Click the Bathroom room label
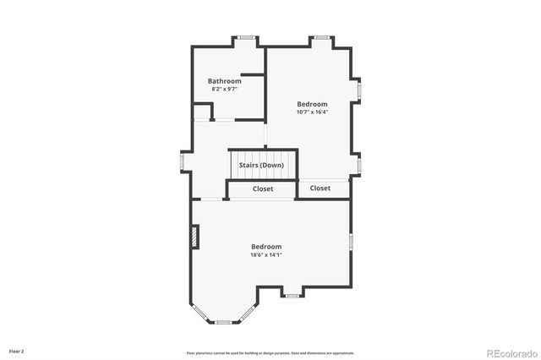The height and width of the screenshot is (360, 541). click(x=225, y=81)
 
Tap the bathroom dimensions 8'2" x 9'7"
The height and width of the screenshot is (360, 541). click(x=225, y=89)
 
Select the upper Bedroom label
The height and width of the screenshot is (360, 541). click(x=312, y=104)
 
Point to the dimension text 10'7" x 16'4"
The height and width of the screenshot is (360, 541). click(x=312, y=112)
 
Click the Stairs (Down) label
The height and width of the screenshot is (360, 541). click(x=261, y=165)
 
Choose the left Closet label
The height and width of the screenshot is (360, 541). click(x=263, y=189)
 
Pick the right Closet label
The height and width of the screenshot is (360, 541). click(x=320, y=188)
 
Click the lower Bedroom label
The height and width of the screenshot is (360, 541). click(x=266, y=247)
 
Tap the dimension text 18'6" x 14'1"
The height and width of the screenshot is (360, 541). click(x=266, y=254)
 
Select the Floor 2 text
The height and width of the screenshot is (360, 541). click(x=17, y=350)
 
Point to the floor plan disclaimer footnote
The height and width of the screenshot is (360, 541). click(x=270, y=353)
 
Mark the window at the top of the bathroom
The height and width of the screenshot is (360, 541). click(x=247, y=37)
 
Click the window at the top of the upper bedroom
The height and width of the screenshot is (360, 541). click(x=321, y=37)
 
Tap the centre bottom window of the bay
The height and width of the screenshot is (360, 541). click(x=225, y=322)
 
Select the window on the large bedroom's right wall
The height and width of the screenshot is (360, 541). click(x=351, y=243)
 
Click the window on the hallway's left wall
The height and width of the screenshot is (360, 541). click(x=182, y=161)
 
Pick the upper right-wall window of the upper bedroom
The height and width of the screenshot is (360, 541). click(x=359, y=90)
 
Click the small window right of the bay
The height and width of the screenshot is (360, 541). click(x=292, y=296)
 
